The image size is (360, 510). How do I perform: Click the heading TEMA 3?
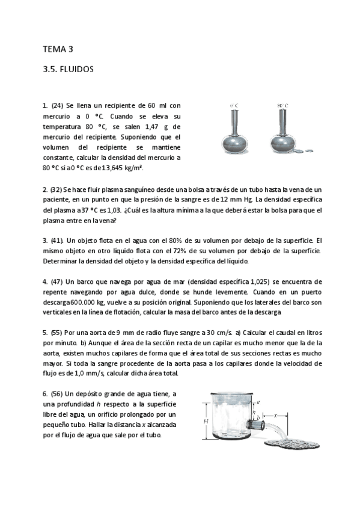(x=58, y=49)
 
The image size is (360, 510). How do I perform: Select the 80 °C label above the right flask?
(x=282, y=106)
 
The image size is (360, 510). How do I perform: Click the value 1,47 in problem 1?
(x=154, y=126)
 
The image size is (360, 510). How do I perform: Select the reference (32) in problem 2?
(x=56, y=189)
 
